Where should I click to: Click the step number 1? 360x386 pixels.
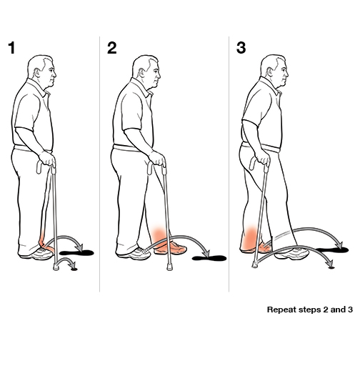(11, 49)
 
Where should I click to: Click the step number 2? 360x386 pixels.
(111, 49)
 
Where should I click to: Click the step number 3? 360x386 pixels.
(241, 49)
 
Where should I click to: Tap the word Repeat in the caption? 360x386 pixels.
(281, 310)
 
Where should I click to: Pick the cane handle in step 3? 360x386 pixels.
(269, 167)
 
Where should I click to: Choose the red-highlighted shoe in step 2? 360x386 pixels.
(171, 247)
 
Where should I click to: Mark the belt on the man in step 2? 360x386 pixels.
(131, 147)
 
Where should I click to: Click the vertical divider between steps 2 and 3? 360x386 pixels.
(229, 164)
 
